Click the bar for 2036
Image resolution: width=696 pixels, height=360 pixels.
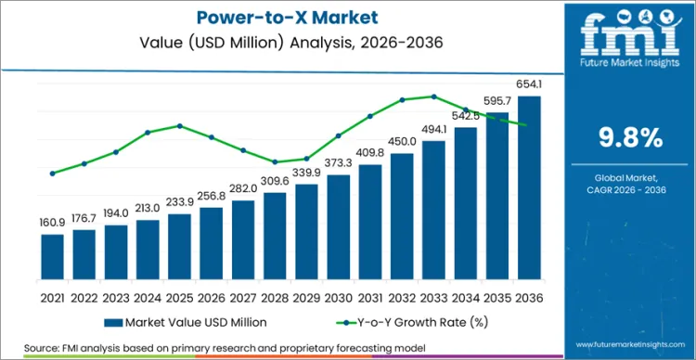[528, 186]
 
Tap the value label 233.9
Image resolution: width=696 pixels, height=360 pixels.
[180, 201]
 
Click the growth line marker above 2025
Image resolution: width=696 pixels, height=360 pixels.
[180, 125]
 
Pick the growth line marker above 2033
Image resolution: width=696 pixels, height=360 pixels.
[433, 96]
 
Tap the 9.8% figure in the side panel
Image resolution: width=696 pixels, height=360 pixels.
[628, 137]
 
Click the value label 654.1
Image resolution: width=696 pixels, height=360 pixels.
[528, 84]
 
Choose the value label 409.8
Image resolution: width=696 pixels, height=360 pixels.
[370, 152]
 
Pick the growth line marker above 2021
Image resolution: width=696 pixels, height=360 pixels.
[53, 173]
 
